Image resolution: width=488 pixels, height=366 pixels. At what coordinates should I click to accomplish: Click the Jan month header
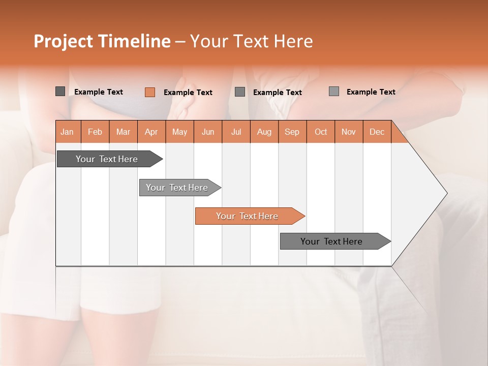67,132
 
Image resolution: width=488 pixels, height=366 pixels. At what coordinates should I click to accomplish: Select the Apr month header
151,132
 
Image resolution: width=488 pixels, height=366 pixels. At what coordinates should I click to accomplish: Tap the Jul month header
236,132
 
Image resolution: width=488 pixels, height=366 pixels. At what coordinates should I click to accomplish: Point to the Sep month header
292,132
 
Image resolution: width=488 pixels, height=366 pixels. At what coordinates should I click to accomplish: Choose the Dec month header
377,132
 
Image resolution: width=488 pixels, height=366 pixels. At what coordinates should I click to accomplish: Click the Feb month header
95,132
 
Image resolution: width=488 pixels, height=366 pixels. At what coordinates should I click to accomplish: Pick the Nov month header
348,132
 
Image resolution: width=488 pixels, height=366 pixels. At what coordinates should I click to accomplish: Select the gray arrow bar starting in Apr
177,188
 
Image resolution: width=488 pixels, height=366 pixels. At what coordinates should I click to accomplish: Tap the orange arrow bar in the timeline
248,216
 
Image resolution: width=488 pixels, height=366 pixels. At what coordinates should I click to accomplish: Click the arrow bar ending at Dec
332,241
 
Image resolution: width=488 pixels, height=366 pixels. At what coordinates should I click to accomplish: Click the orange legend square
149,92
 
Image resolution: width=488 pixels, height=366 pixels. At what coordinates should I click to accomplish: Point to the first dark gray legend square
60,91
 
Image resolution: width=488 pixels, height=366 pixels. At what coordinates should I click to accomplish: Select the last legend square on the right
333,91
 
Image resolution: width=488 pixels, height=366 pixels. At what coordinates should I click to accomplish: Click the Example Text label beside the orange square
188,93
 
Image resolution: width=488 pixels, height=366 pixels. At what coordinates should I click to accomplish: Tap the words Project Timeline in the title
102,41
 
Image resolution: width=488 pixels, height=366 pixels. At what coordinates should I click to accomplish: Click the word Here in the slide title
293,41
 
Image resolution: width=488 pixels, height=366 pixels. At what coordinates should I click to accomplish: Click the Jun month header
207,132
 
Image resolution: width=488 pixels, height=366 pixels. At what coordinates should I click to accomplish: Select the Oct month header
320,132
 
